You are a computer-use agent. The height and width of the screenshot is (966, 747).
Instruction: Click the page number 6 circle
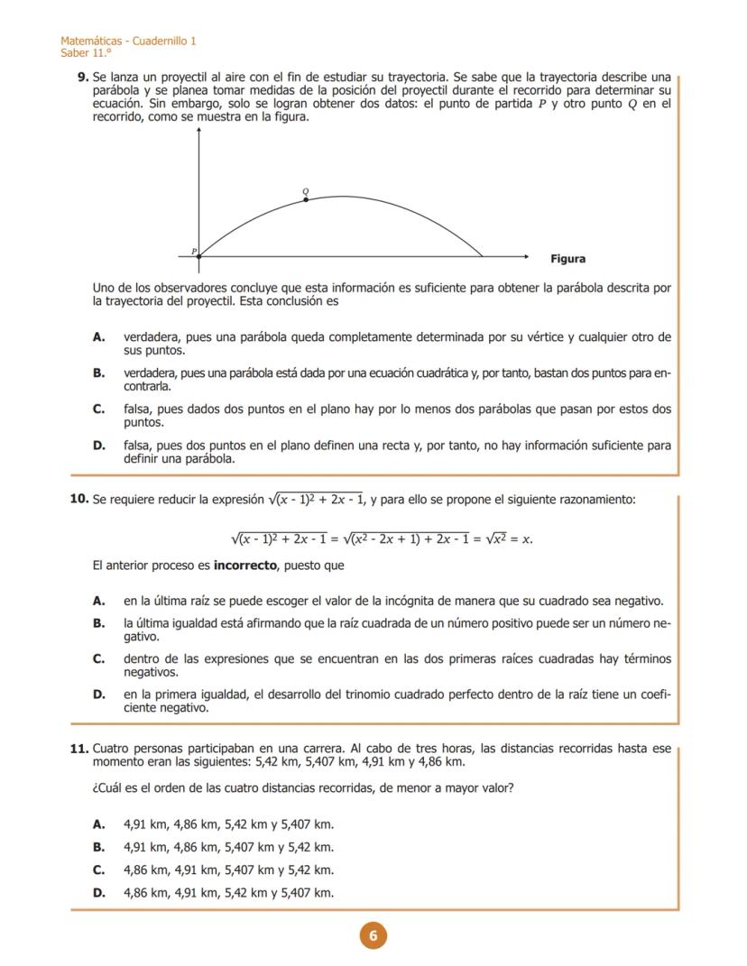373,936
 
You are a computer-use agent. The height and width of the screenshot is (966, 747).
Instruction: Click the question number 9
83,78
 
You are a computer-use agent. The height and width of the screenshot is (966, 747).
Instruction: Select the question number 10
78,499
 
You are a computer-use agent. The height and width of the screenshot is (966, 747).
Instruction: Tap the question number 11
78,749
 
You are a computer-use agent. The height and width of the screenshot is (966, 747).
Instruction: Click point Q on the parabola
306,198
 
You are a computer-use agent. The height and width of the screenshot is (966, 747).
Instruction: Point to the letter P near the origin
193,251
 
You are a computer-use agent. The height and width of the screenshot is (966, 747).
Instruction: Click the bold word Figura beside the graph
567,259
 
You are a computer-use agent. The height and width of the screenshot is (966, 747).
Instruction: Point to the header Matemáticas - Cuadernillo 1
128,41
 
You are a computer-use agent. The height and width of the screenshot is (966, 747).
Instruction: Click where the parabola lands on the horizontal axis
483,257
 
